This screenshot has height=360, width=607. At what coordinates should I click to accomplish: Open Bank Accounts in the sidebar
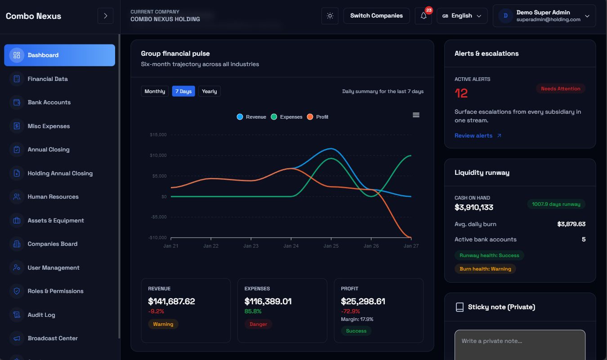[x=49, y=102]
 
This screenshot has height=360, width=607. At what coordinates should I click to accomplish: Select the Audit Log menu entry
[x=41, y=315]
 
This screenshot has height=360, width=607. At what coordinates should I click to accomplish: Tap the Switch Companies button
[x=376, y=16]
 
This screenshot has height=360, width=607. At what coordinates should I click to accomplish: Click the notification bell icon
[x=423, y=16]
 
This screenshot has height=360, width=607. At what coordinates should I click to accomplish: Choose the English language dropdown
[x=462, y=16]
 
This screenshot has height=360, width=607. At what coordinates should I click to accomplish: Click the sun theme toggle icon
[x=330, y=16]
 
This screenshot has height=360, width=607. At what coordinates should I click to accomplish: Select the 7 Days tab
[x=183, y=91]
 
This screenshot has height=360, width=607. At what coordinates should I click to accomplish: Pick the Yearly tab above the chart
[x=209, y=91]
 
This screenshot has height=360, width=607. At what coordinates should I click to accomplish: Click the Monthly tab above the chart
[x=155, y=91]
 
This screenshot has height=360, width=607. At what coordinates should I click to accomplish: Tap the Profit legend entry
[x=318, y=117]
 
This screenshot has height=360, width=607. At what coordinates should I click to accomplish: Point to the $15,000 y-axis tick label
[x=158, y=135]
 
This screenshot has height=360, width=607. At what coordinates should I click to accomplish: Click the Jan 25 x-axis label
[x=331, y=246]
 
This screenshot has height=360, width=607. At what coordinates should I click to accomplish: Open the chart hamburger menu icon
[x=416, y=115]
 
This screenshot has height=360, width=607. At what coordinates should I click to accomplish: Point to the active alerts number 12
[x=461, y=93]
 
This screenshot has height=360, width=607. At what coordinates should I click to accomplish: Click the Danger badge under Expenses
[x=258, y=324]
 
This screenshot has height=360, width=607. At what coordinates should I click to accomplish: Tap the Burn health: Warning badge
[x=485, y=269]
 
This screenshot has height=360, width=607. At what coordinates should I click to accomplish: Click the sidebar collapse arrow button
[x=105, y=16]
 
